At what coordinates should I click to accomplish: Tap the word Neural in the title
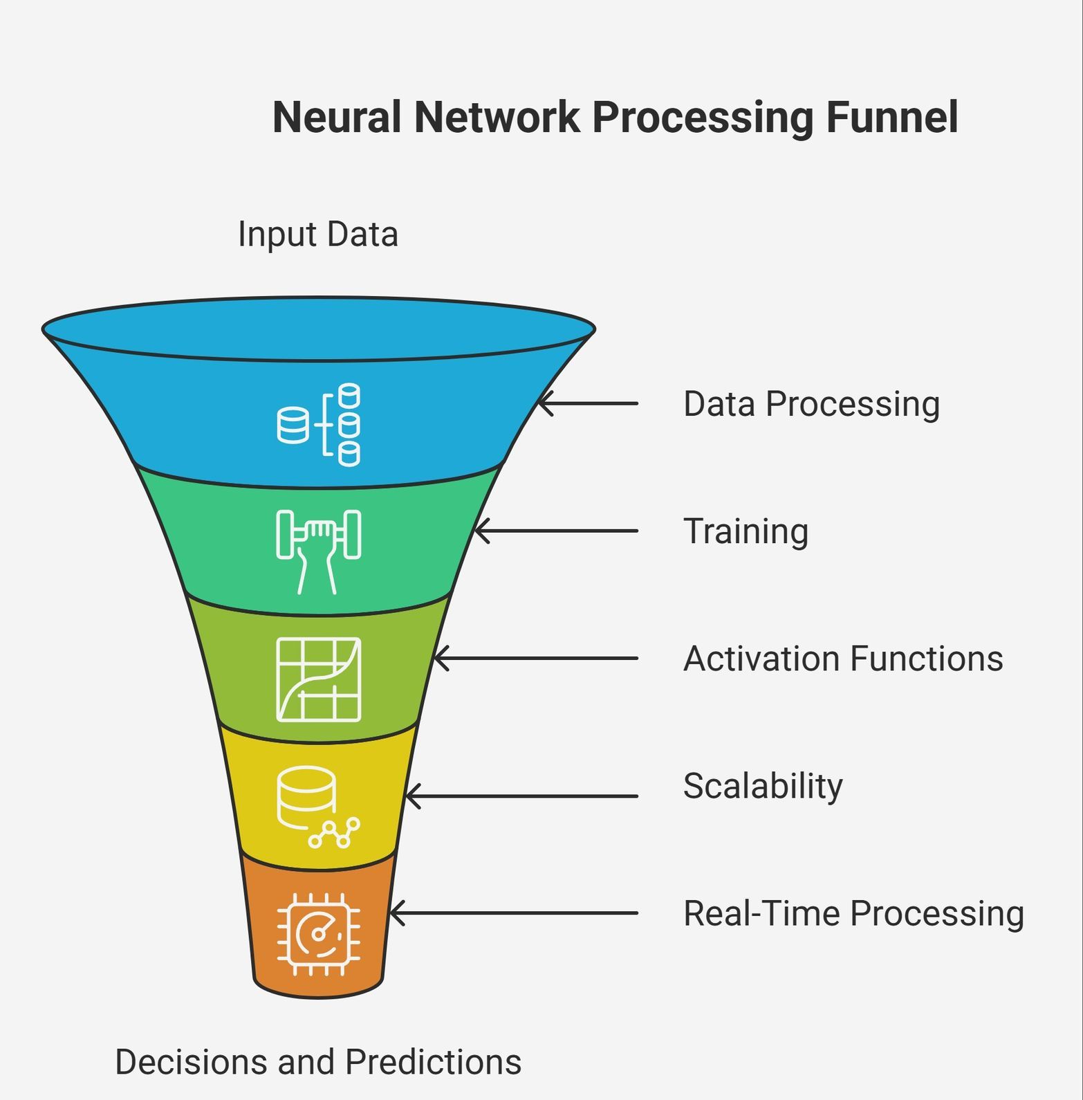point(336,117)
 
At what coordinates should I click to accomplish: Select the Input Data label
point(317,234)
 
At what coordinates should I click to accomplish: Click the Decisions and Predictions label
point(317,1062)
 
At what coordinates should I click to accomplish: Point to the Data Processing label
point(811,404)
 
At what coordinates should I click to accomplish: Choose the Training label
point(746,531)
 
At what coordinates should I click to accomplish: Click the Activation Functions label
point(843,659)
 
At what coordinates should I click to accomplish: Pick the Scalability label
point(763,786)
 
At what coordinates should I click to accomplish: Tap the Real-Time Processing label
point(853,913)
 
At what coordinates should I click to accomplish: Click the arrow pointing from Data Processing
point(588,403)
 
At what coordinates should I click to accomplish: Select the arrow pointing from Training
point(557,531)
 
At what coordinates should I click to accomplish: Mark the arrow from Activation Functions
point(536,658)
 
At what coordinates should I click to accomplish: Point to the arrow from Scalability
point(522,796)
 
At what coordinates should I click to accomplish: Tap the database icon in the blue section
point(319,424)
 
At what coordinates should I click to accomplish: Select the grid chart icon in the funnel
point(319,679)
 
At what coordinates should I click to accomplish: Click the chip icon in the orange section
point(319,934)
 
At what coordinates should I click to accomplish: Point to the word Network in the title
point(497,117)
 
